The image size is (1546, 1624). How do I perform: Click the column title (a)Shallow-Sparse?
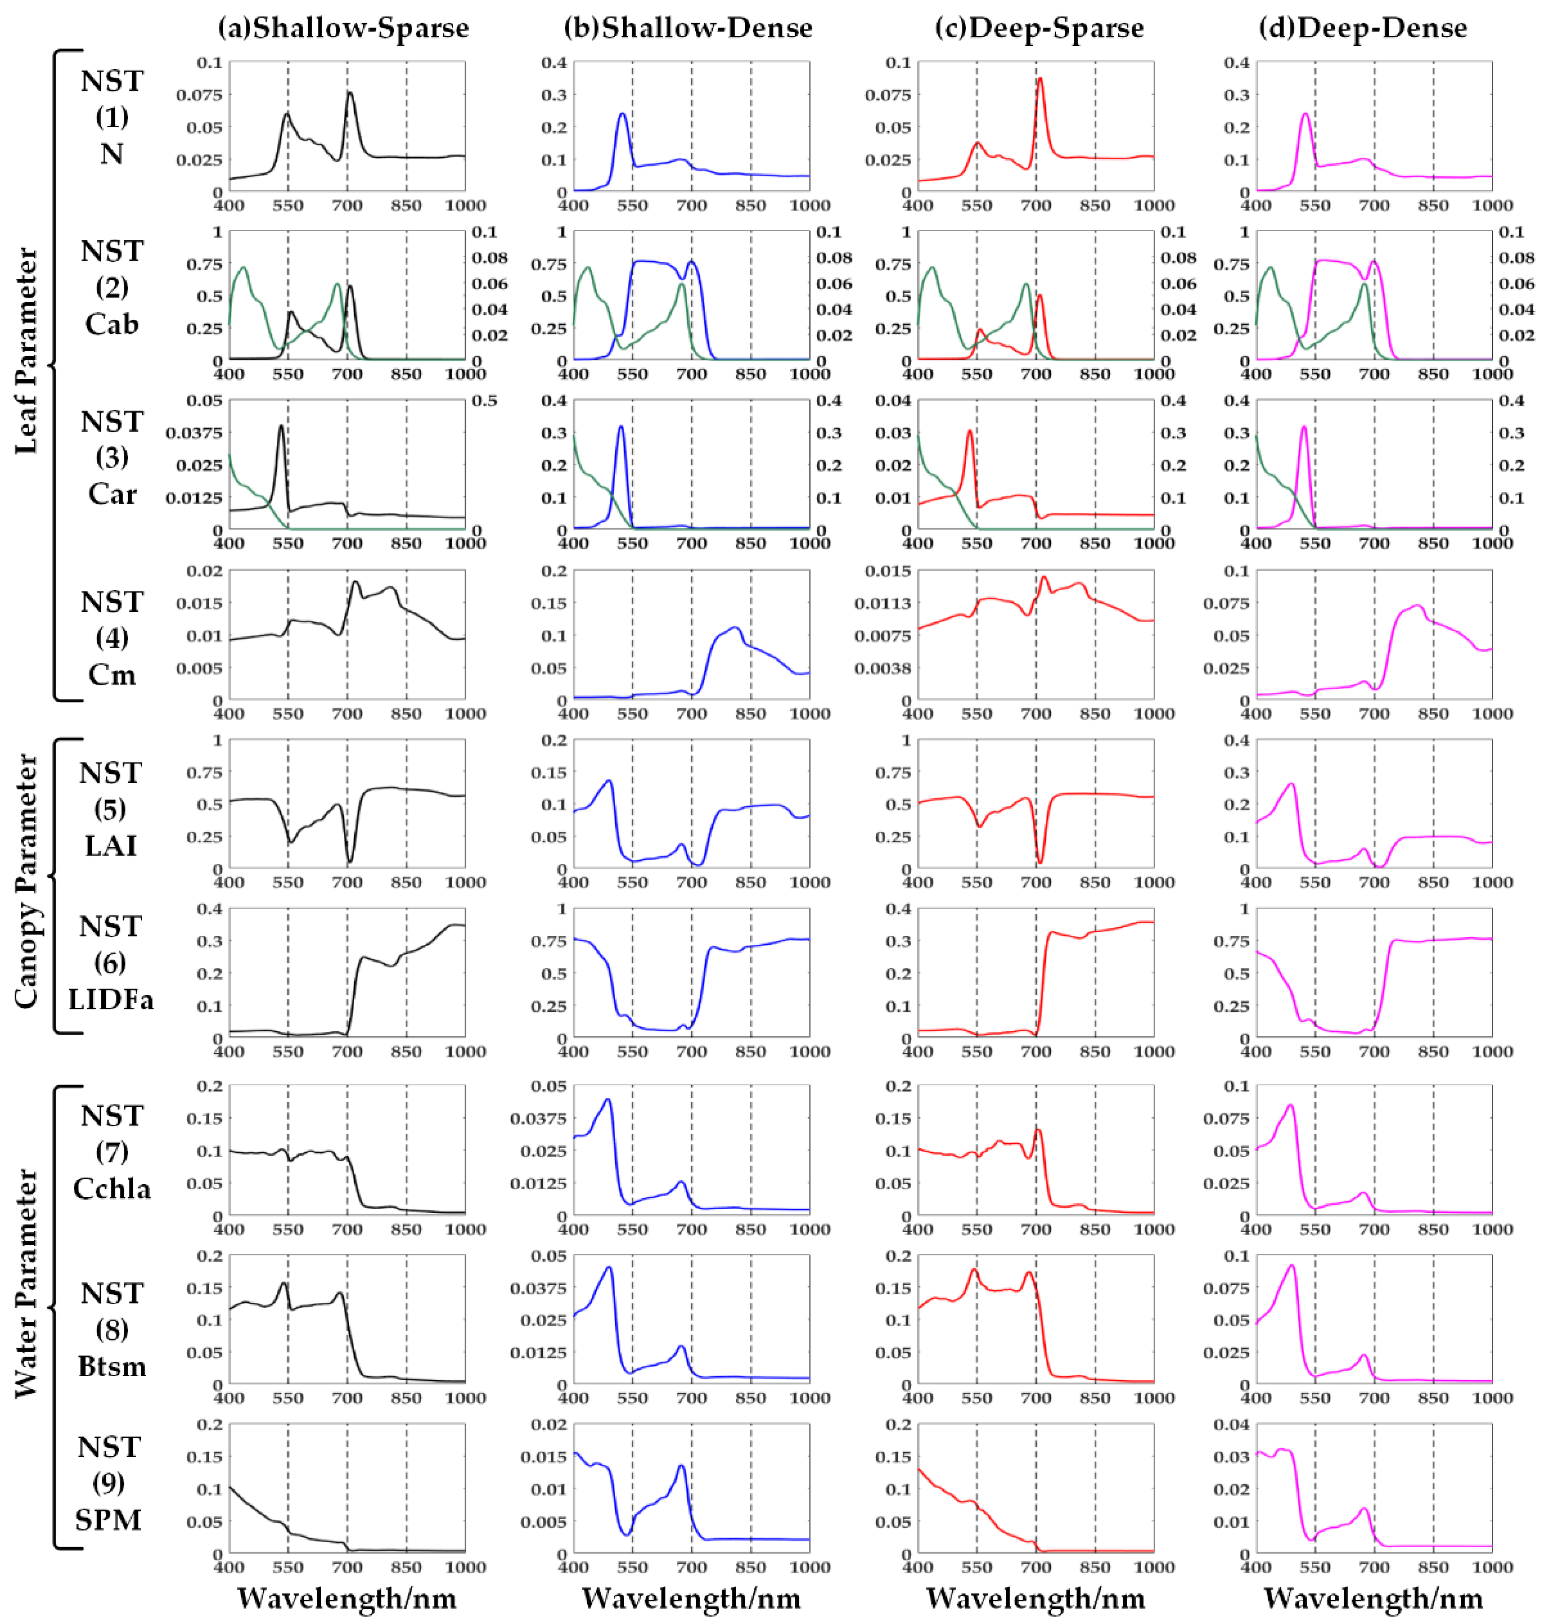[343, 28]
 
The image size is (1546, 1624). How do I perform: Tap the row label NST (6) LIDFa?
[111, 962]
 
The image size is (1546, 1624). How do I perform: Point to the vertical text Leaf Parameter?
[26, 350]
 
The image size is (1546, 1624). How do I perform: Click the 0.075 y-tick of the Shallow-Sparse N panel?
[199, 95]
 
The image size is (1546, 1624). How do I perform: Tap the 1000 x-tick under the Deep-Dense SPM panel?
[1492, 1567]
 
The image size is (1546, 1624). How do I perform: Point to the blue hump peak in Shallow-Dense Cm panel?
[735, 628]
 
